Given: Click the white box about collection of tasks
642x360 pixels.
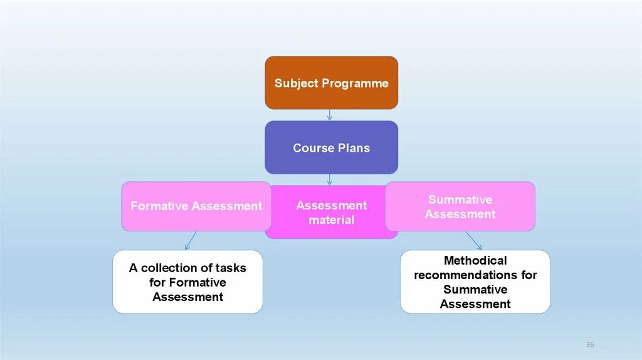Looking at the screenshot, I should click(x=187, y=282).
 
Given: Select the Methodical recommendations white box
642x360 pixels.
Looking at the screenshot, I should click(x=475, y=282).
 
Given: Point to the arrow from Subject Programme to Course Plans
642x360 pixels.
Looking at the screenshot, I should click(x=329, y=115).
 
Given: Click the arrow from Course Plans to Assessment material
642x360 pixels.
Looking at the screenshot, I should click(x=329, y=179).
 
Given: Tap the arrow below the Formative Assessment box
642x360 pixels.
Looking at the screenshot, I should click(x=190, y=241).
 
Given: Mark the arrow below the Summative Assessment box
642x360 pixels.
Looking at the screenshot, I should click(x=474, y=241).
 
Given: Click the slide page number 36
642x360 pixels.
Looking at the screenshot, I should click(x=589, y=345).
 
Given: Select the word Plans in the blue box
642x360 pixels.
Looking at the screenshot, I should click(x=354, y=148).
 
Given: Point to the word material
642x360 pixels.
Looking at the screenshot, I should click(x=331, y=220).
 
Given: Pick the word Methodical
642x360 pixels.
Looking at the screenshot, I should click(x=475, y=260).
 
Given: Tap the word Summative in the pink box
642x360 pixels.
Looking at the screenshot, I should click(x=460, y=199).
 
